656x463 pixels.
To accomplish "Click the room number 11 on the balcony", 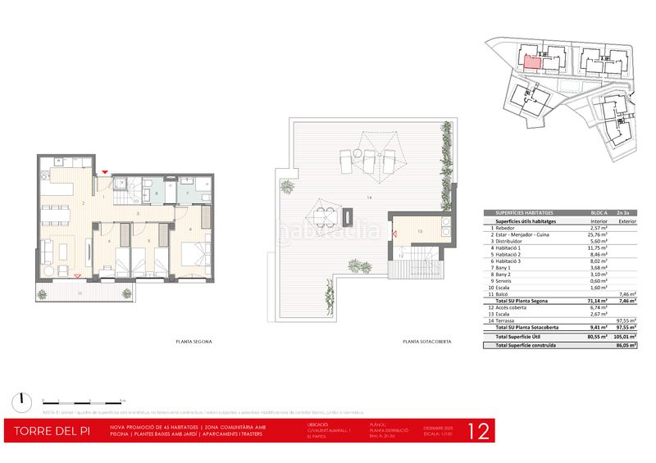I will pos(80,292).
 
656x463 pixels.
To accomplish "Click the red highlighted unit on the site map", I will pos(531,60).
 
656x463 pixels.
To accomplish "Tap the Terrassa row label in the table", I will pos(510,320).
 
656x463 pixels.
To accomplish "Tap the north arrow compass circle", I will pos(19,401).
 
